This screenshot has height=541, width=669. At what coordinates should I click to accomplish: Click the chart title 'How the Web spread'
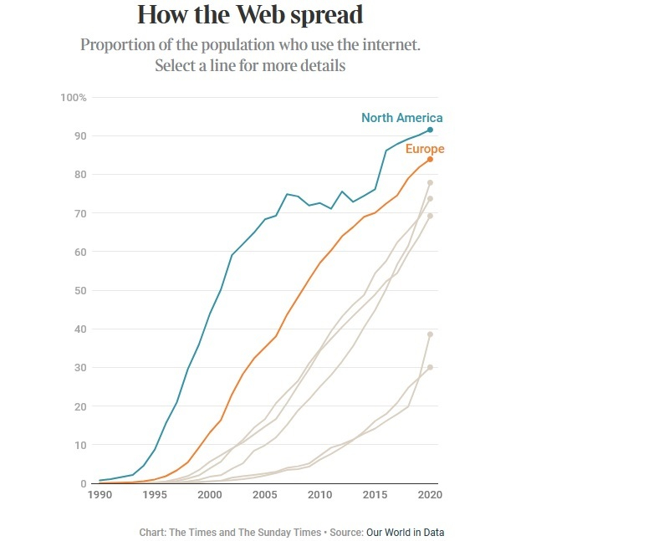(250, 15)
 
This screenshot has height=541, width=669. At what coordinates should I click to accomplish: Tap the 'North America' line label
(401, 118)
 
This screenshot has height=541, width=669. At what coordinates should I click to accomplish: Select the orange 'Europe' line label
(425, 149)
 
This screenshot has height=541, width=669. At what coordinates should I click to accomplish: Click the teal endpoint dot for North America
(430, 130)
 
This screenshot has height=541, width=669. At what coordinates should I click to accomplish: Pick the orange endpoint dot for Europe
(430, 159)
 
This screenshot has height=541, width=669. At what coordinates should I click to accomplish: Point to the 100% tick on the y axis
(74, 98)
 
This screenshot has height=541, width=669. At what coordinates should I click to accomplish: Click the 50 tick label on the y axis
(80, 291)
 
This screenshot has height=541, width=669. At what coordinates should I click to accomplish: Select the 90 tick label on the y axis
(80, 136)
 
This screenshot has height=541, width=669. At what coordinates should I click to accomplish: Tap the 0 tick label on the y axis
(84, 484)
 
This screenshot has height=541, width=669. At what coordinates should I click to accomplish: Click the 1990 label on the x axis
(100, 495)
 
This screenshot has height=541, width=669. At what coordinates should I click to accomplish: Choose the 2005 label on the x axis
(264, 495)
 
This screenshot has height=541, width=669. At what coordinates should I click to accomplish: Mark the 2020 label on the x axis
(429, 495)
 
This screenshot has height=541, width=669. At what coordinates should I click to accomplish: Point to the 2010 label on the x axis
(319, 495)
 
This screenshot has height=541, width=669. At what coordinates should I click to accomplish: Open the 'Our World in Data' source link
(411, 532)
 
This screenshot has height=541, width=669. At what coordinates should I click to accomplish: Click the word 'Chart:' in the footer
(155, 532)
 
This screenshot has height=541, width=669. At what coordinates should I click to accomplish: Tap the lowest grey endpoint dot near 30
(430, 367)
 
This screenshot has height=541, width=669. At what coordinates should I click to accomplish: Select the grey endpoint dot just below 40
(430, 334)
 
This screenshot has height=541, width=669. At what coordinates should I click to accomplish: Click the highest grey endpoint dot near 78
(430, 182)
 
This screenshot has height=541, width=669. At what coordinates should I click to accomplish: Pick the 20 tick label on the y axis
(80, 406)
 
